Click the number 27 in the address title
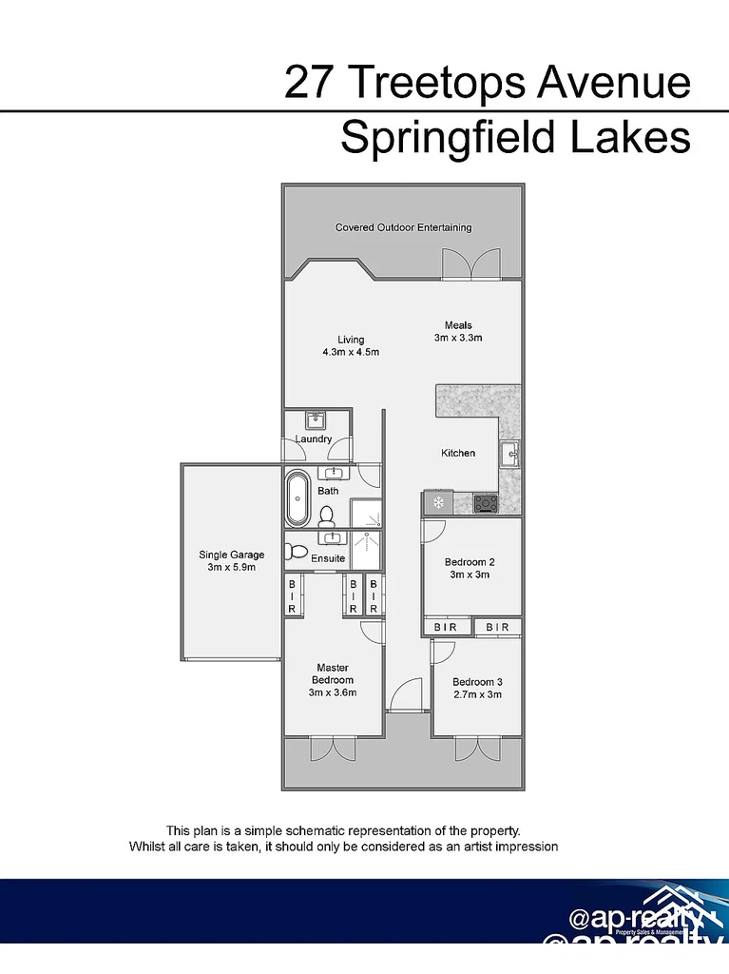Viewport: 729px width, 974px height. point(310,83)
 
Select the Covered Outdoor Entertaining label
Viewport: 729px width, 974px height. point(403,227)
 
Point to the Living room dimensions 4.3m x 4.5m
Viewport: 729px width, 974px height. point(351,352)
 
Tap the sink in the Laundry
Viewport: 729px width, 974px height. point(316,420)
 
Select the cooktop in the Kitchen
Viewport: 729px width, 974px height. point(486,503)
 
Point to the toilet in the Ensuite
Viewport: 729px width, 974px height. point(297,552)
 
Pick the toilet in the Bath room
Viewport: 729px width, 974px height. point(327,516)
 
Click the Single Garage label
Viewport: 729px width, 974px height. point(231,555)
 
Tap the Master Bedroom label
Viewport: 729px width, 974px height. point(333,673)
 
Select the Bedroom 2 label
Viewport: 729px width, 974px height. point(470,562)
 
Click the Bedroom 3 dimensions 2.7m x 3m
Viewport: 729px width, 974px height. point(476,694)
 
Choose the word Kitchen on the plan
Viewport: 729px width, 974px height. point(458,453)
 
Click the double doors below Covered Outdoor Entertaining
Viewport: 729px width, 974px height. point(470,263)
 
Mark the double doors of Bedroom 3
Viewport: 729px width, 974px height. point(476,749)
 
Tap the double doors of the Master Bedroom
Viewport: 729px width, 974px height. point(332,750)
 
